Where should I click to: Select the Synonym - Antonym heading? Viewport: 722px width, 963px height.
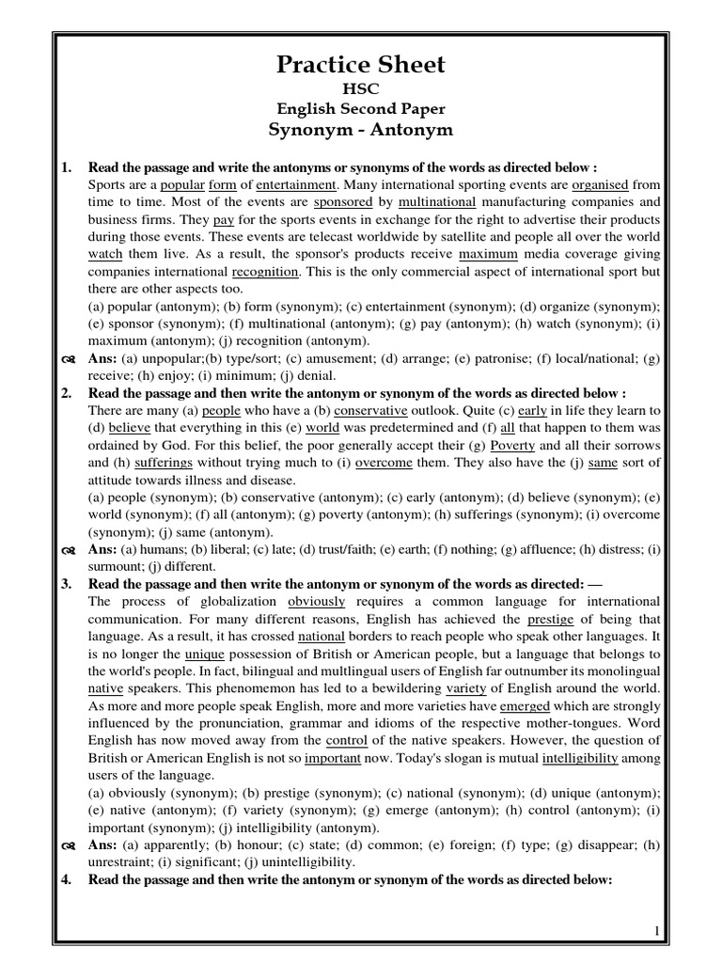tap(360, 129)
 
